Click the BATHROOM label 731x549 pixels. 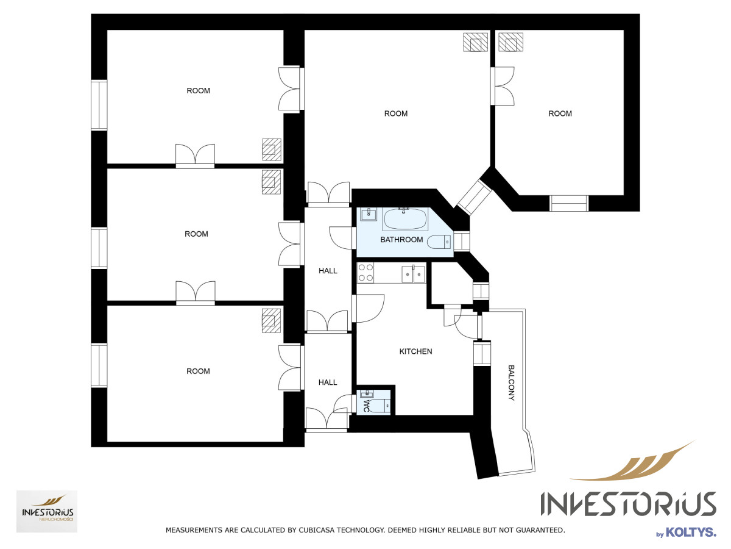point(401,240)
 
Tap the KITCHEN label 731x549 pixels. point(415,351)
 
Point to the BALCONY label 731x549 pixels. point(511,382)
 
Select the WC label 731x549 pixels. point(366,406)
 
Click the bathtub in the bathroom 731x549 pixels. point(405,219)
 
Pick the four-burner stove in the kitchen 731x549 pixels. point(365,273)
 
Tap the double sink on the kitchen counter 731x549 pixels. point(413,274)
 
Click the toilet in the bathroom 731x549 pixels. point(439,242)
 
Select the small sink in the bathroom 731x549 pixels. point(369,214)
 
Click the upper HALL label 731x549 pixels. point(328,271)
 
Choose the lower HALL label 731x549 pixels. point(328,382)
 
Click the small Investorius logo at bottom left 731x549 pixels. point(47,511)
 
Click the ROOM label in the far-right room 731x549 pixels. point(560,113)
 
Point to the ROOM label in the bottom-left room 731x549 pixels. point(198,371)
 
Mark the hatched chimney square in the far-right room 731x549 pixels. point(511,42)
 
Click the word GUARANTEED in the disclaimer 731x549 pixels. point(540,530)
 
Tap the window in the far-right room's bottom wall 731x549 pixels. point(569,203)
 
